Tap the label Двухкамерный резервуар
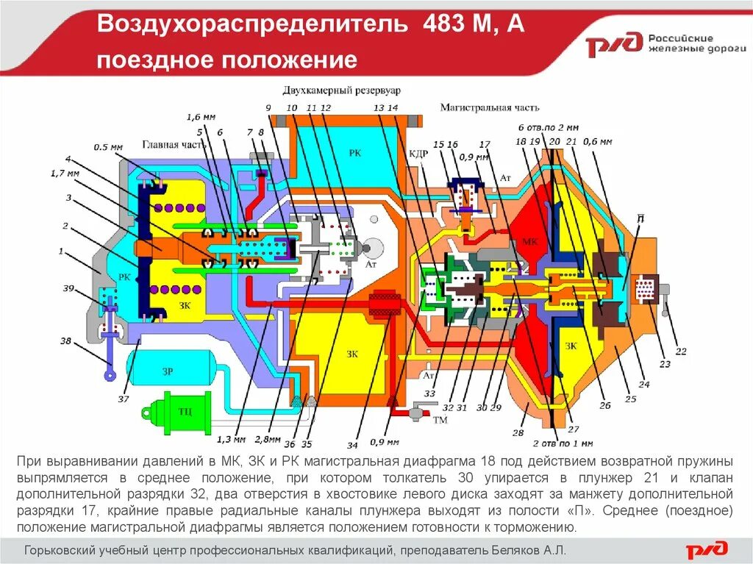(x=341, y=90)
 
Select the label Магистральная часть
(x=475, y=107)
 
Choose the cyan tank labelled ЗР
(x=167, y=371)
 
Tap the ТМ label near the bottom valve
(x=440, y=420)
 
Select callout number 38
(x=66, y=341)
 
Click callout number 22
(x=680, y=351)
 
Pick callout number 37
(x=123, y=399)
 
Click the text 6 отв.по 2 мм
(x=549, y=126)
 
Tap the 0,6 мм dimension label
(x=596, y=140)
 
